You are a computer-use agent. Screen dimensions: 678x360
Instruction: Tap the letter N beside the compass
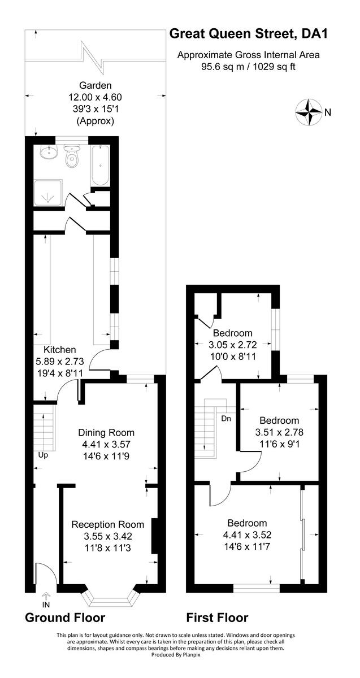pos(328,112)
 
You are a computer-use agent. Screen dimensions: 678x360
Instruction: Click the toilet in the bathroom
pos(71,159)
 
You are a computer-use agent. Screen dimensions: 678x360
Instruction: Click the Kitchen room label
pos(59,350)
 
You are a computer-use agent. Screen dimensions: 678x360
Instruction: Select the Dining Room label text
pos(106,432)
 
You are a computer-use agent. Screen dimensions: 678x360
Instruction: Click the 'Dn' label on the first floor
pos(226,419)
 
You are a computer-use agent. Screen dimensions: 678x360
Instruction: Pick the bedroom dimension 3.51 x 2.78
pos(279,432)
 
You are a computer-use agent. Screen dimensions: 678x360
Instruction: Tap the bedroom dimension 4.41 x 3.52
pos(247,534)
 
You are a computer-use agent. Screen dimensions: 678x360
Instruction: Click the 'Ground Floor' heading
pos(65,618)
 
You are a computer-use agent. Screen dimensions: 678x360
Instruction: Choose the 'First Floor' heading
pos(218,618)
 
